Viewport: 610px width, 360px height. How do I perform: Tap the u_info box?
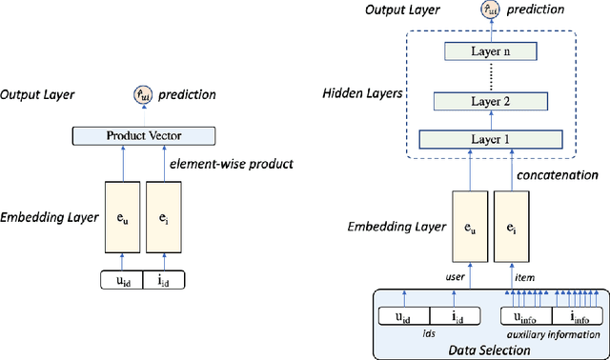click(527, 318)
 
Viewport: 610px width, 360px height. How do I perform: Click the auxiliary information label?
click(552, 335)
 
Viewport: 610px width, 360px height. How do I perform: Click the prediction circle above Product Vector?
click(142, 94)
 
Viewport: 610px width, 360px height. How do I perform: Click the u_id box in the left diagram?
click(122, 280)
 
